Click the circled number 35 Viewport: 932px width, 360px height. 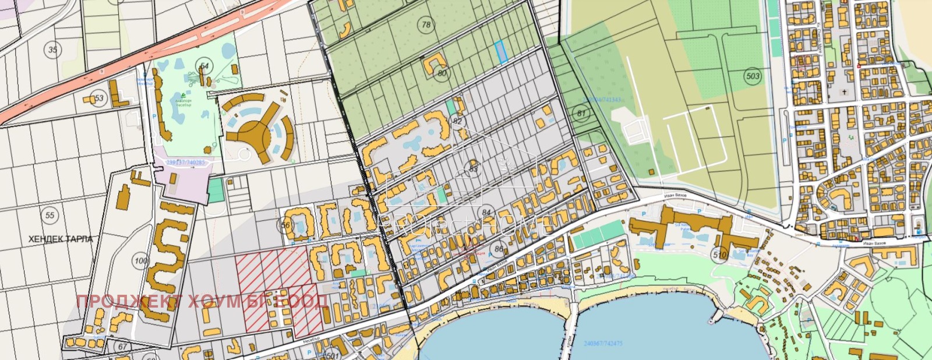point(53,50)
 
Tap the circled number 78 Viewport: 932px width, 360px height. point(426,24)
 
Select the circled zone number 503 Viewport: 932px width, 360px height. point(753,76)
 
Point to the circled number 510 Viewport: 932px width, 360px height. point(720,255)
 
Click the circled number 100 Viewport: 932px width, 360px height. point(141,260)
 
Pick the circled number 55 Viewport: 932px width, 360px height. point(50,216)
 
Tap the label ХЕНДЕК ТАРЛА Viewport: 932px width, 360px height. point(61,239)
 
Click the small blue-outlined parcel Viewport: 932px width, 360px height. point(501,52)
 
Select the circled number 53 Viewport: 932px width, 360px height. point(99,98)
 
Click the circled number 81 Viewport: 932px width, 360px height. point(581,114)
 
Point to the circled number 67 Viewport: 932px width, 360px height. point(122,347)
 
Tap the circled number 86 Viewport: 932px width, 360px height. point(499,249)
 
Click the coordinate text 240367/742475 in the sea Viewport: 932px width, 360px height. point(603,344)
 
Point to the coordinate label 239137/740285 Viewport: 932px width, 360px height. point(185,163)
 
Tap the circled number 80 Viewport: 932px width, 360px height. point(442,73)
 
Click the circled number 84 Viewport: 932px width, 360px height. point(486,213)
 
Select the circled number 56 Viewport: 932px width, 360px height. point(285,225)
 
